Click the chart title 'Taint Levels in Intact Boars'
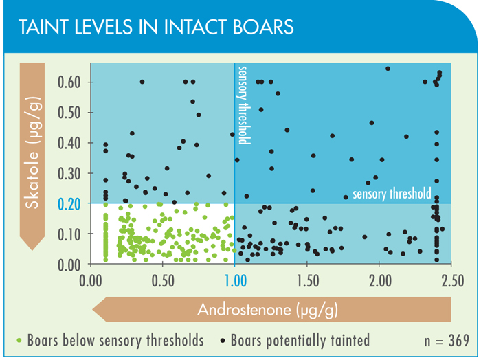click(x=156, y=27)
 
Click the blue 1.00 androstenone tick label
click(x=235, y=281)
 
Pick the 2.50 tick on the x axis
click(x=451, y=281)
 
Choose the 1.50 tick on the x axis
click(x=306, y=281)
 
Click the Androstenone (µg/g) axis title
click(x=267, y=310)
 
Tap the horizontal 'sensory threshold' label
click(x=392, y=194)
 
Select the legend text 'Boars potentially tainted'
click(x=300, y=340)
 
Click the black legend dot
click(x=223, y=340)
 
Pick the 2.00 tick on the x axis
click(x=379, y=281)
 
